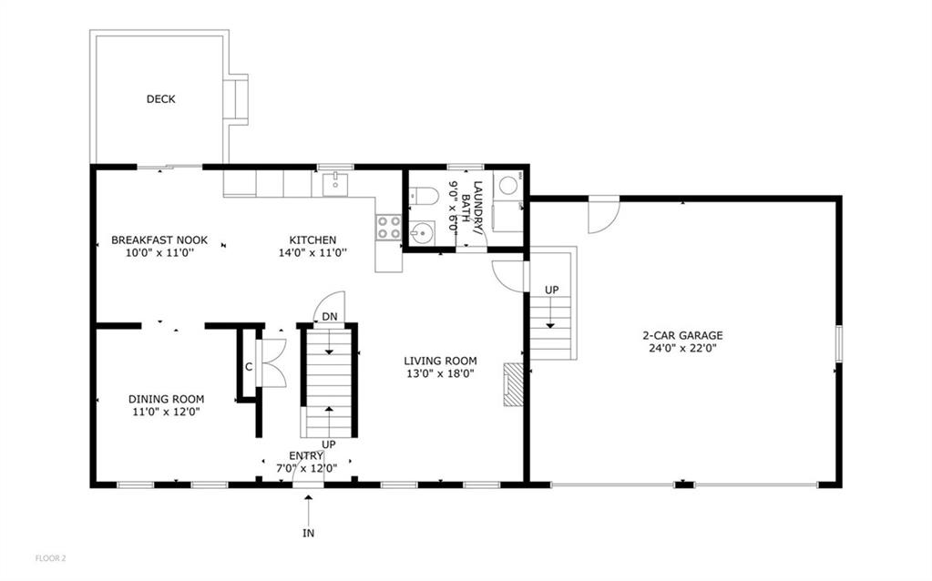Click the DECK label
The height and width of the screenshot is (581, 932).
[x=160, y=99]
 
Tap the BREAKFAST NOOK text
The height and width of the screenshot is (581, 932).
[x=159, y=240]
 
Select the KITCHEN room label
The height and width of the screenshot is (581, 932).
[x=312, y=240]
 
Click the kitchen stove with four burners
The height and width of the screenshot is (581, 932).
[x=389, y=227]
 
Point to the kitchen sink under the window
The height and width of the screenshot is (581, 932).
[x=335, y=184]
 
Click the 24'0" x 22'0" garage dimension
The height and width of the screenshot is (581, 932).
[x=682, y=348]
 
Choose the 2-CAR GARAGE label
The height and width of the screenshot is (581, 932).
[x=682, y=335]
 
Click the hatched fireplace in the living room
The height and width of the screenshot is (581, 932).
[x=515, y=384]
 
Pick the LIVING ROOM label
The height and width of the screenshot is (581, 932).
[x=440, y=361]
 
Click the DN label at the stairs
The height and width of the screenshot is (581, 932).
[x=328, y=316]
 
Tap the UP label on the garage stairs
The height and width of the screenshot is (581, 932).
[x=551, y=290]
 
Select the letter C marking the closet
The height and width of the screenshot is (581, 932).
[x=248, y=367]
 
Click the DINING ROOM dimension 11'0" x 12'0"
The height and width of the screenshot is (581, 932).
[x=166, y=412]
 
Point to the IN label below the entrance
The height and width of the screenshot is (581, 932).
[x=309, y=533]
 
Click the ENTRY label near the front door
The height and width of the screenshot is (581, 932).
[x=305, y=455]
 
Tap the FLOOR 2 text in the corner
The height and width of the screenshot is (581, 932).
[x=51, y=557]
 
